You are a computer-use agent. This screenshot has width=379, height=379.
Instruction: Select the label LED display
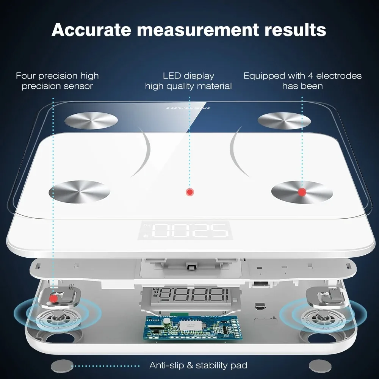click(x=188, y=76)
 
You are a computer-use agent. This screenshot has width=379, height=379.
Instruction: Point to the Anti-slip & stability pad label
click(x=198, y=365)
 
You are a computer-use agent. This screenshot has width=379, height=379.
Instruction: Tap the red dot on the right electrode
click(x=302, y=192)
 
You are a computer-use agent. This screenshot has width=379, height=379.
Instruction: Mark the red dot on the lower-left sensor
click(x=53, y=299)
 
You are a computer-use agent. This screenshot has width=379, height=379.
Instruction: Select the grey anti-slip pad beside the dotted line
click(x=61, y=366)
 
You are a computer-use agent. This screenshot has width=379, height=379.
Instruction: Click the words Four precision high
click(x=57, y=76)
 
